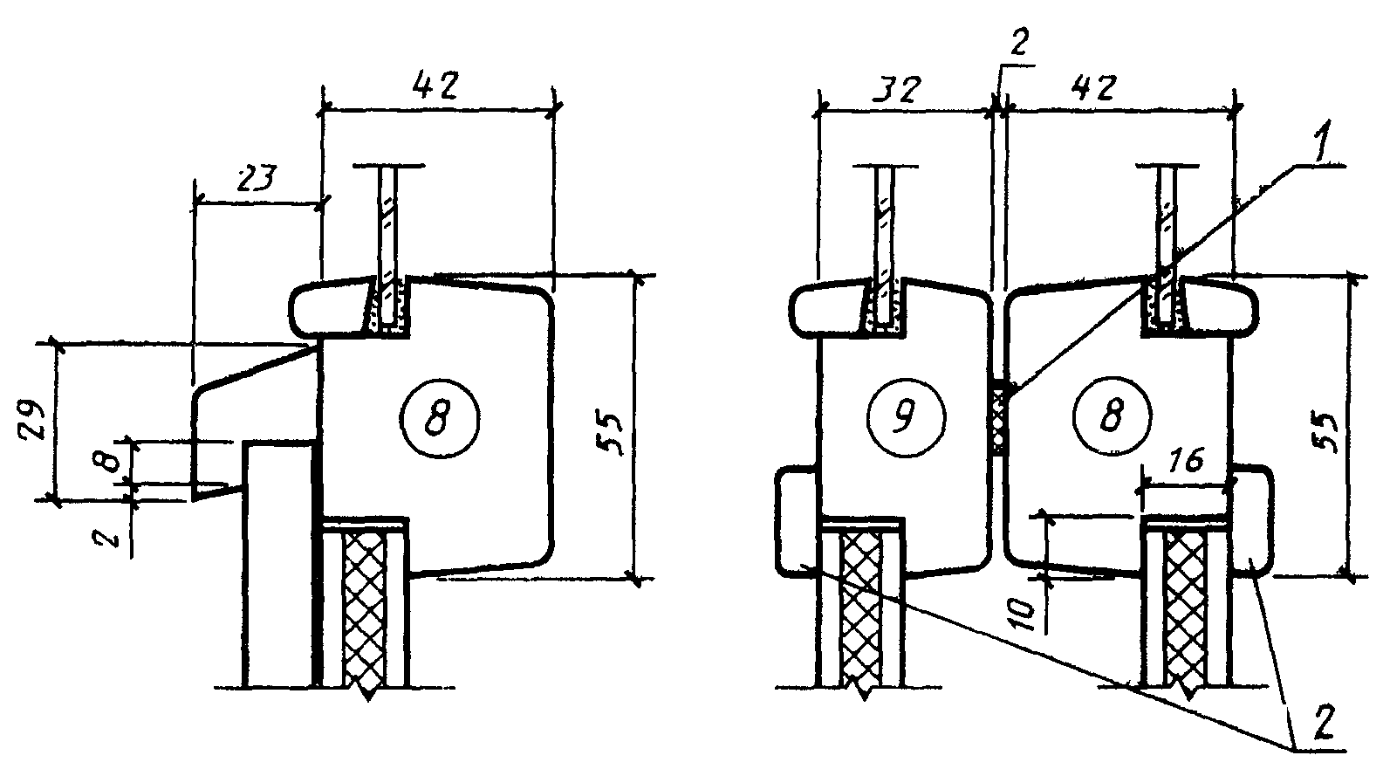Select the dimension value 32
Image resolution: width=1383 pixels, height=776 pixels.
[x=897, y=90]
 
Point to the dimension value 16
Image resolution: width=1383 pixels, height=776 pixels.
[x=1186, y=460]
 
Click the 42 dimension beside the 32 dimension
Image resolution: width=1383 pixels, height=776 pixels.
[x=1093, y=90]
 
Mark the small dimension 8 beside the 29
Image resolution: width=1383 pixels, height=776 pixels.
[x=111, y=460]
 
